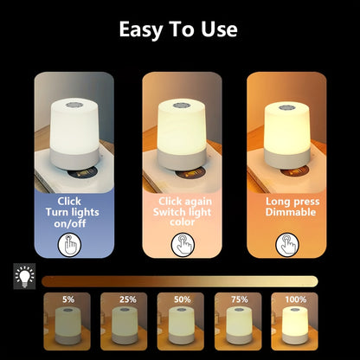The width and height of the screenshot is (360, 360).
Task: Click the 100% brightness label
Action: (294, 299)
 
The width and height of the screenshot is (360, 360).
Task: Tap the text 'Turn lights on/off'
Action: (74, 213)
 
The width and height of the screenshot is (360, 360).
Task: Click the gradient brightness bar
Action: (179, 280)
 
